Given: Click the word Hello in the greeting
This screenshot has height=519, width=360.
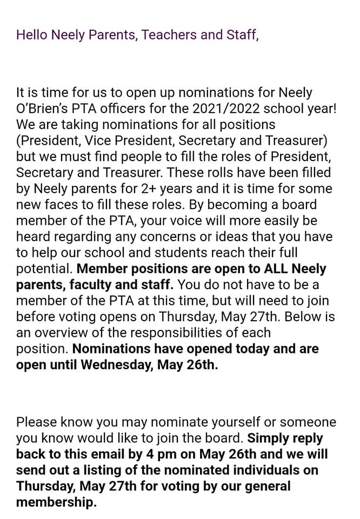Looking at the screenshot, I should (32, 35).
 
